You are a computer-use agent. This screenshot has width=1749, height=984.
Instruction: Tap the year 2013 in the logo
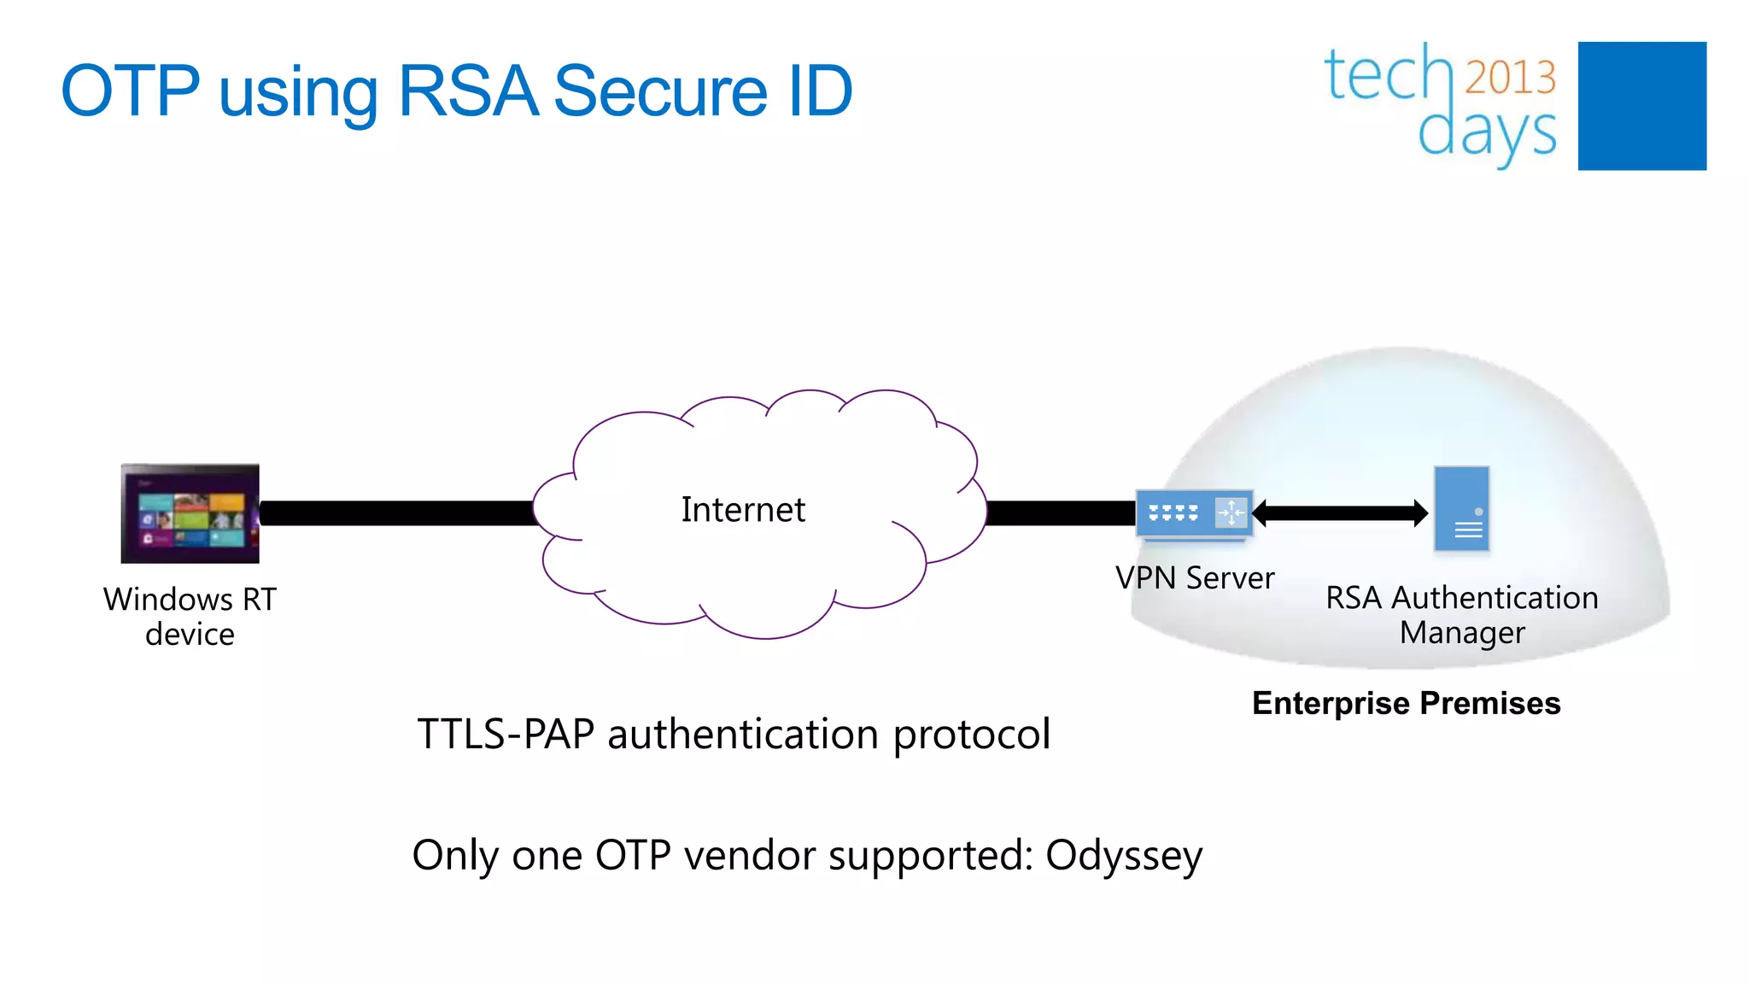click(1510, 77)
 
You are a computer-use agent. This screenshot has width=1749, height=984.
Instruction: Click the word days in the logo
click(1486, 132)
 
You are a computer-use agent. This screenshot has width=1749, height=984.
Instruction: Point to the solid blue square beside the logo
click(1641, 106)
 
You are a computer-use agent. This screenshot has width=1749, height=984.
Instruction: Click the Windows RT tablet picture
click(190, 513)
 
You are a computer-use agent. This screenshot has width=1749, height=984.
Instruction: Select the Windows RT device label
click(190, 616)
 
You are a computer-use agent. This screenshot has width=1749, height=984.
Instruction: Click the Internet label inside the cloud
click(742, 510)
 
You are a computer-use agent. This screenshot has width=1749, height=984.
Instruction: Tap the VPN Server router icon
click(1194, 513)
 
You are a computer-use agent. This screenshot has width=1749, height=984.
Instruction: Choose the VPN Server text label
click(1194, 578)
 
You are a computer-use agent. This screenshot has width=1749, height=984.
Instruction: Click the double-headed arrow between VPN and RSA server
click(1340, 513)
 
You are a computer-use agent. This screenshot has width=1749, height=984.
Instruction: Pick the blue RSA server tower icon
click(1461, 509)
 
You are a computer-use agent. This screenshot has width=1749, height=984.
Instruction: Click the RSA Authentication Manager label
click(1461, 615)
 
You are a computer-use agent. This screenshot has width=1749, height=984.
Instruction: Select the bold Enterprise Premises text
click(1406, 703)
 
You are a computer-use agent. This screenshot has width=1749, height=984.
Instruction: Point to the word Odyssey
click(1123, 856)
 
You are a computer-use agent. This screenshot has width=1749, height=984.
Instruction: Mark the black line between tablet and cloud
click(397, 513)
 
